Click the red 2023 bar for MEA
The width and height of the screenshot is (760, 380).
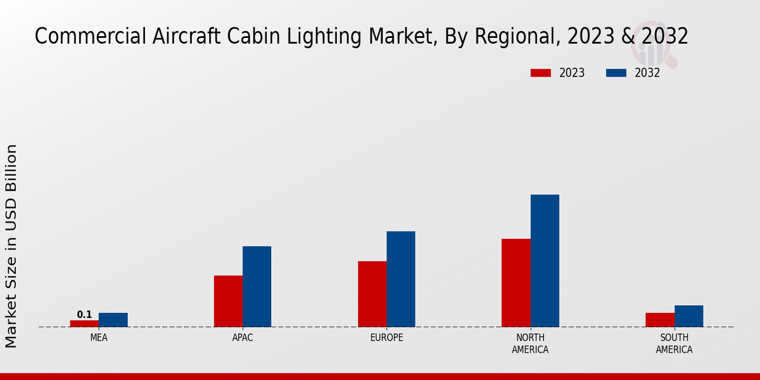[x=84, y=324]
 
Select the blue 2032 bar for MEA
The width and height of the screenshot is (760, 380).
[x=113, y=320]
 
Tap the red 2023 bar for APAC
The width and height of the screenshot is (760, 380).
[x=228, y=301]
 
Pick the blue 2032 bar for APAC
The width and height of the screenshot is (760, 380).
[x=257, y=286]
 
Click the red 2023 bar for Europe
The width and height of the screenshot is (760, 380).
[x=372, y=294]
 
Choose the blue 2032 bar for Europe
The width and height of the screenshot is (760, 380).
[x=401, y=279]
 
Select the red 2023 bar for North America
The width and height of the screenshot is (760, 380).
[x=516, y=282]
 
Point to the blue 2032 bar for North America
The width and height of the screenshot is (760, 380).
[x=545, y=260]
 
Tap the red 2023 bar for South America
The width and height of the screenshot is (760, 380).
[x=660, y=320]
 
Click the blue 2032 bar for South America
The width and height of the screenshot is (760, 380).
[x=689, y=316]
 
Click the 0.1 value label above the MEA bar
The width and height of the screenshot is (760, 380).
[x=84, y=315]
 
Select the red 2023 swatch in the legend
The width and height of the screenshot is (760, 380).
[x=541, y=73]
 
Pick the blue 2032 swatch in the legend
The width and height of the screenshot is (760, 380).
[x=616, y=73]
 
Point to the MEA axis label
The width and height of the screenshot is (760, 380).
[x=99, y=338]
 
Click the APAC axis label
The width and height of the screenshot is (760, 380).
[x=243, y=338]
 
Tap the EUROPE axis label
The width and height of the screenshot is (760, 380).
[x=386, y=338]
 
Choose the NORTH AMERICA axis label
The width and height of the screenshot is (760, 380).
[x=531, y=343]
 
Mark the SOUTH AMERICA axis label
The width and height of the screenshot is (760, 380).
[x=674, y=343]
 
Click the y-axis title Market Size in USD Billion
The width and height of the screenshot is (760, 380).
[x=11, y=246]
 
